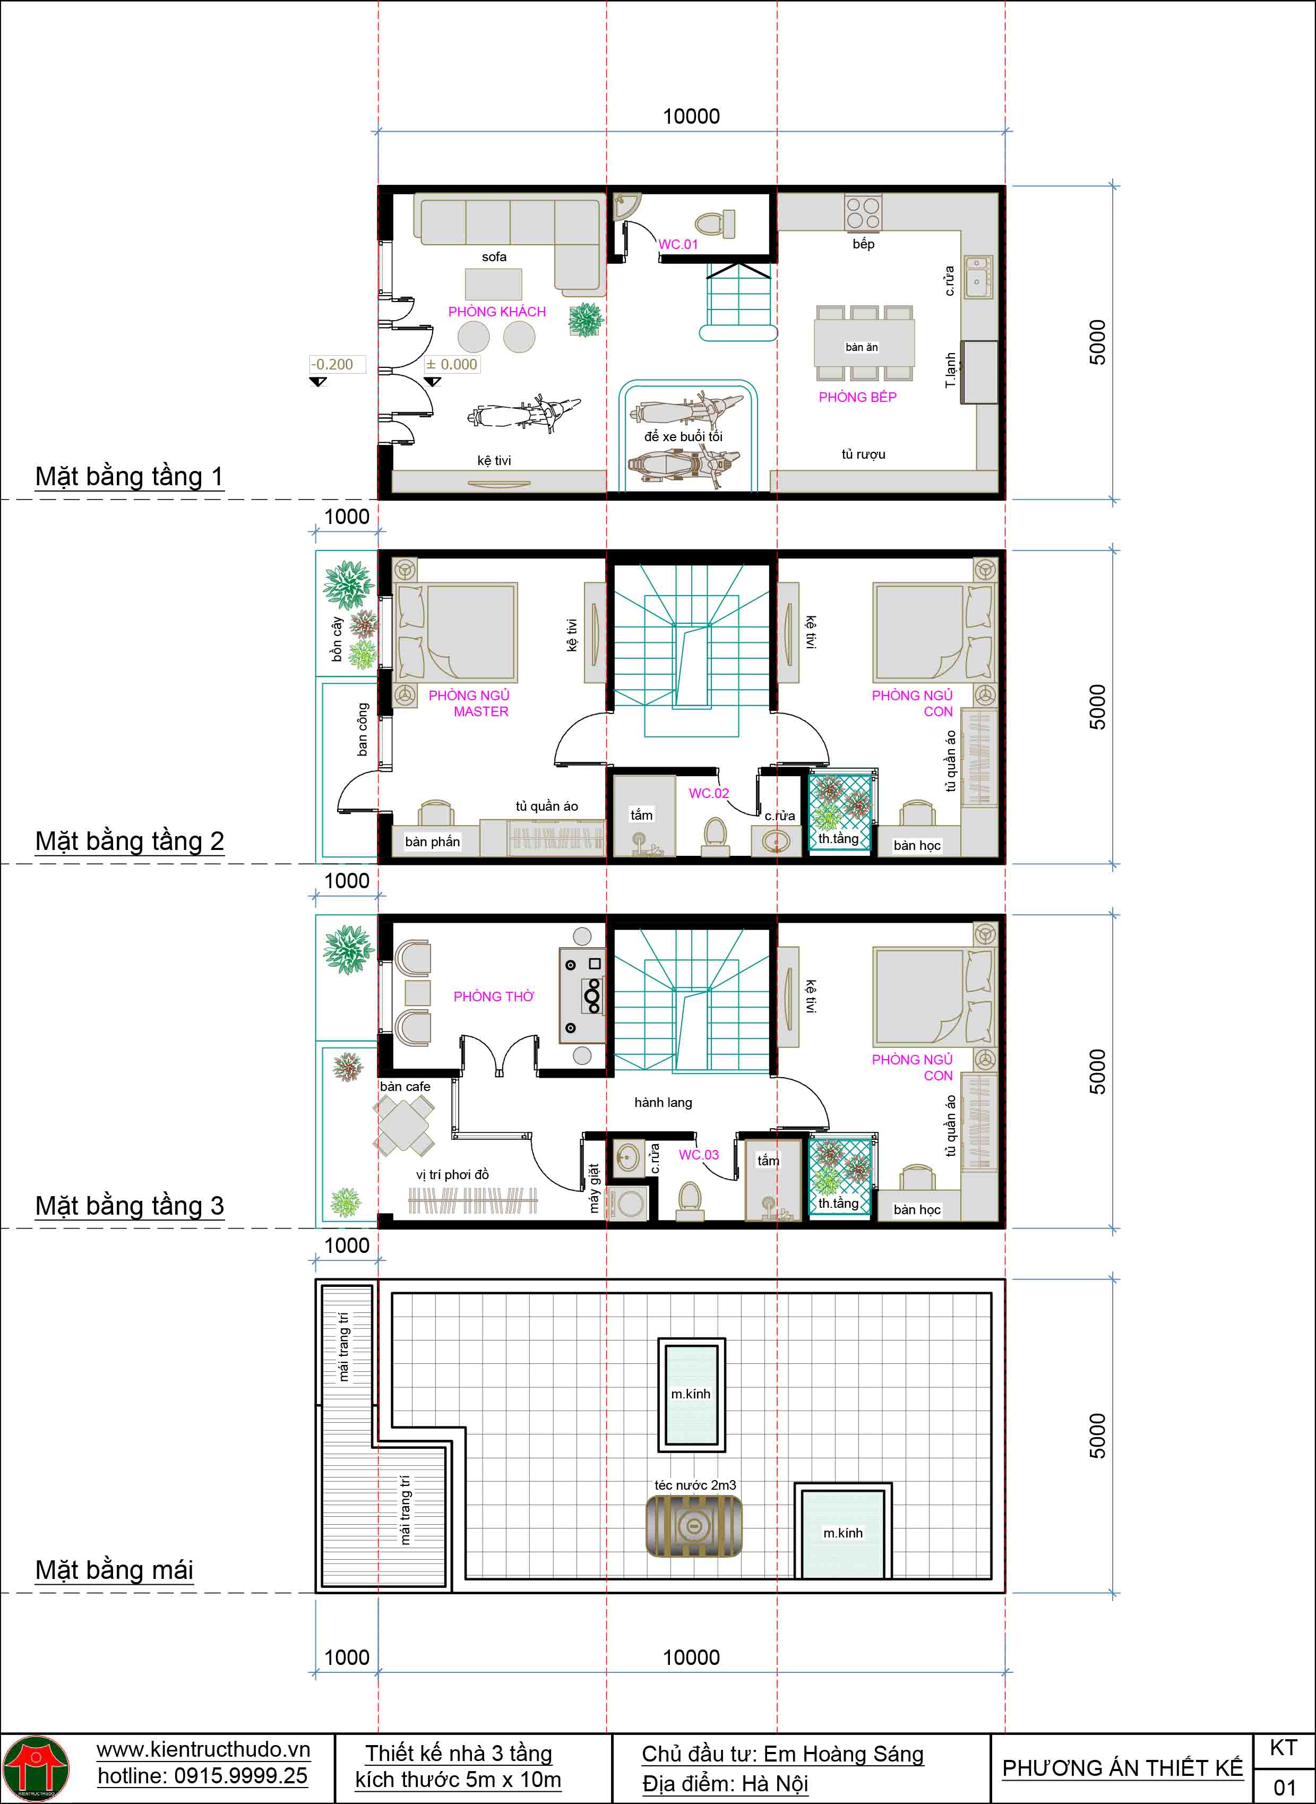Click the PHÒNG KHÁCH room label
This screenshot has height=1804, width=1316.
[497, 312]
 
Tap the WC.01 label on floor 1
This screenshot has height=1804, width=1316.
[678, 245]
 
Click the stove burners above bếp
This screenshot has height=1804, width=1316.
[863, 213]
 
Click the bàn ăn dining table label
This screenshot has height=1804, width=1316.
[862, 347]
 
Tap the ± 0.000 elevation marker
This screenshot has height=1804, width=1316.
[452, 365]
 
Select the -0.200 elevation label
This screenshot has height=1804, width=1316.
[332, 365]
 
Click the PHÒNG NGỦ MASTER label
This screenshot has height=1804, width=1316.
[469, 703]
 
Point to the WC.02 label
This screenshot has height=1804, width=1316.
[709, 793]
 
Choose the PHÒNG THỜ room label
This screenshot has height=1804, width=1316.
[494, 997]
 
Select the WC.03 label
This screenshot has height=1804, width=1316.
[699, 1155]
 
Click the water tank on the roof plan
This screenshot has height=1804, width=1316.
[693, 1526]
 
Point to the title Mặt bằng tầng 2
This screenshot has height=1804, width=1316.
[130, 841]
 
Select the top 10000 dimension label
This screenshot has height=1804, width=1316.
[692, 116]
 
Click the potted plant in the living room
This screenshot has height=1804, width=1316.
[586, 320]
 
